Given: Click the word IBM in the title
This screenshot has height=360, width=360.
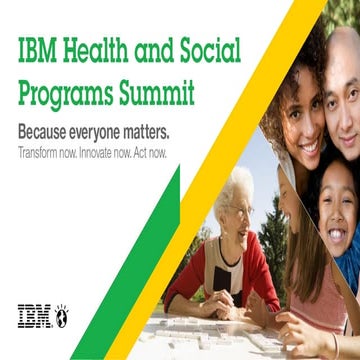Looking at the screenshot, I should pos(37,51).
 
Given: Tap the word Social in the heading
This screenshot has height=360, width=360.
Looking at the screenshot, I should pos(216,51).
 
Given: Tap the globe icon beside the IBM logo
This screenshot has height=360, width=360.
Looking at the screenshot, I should pos(61,314).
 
